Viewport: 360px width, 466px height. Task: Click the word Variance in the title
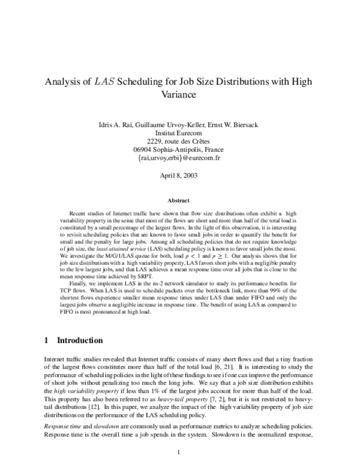coord(179,94)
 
